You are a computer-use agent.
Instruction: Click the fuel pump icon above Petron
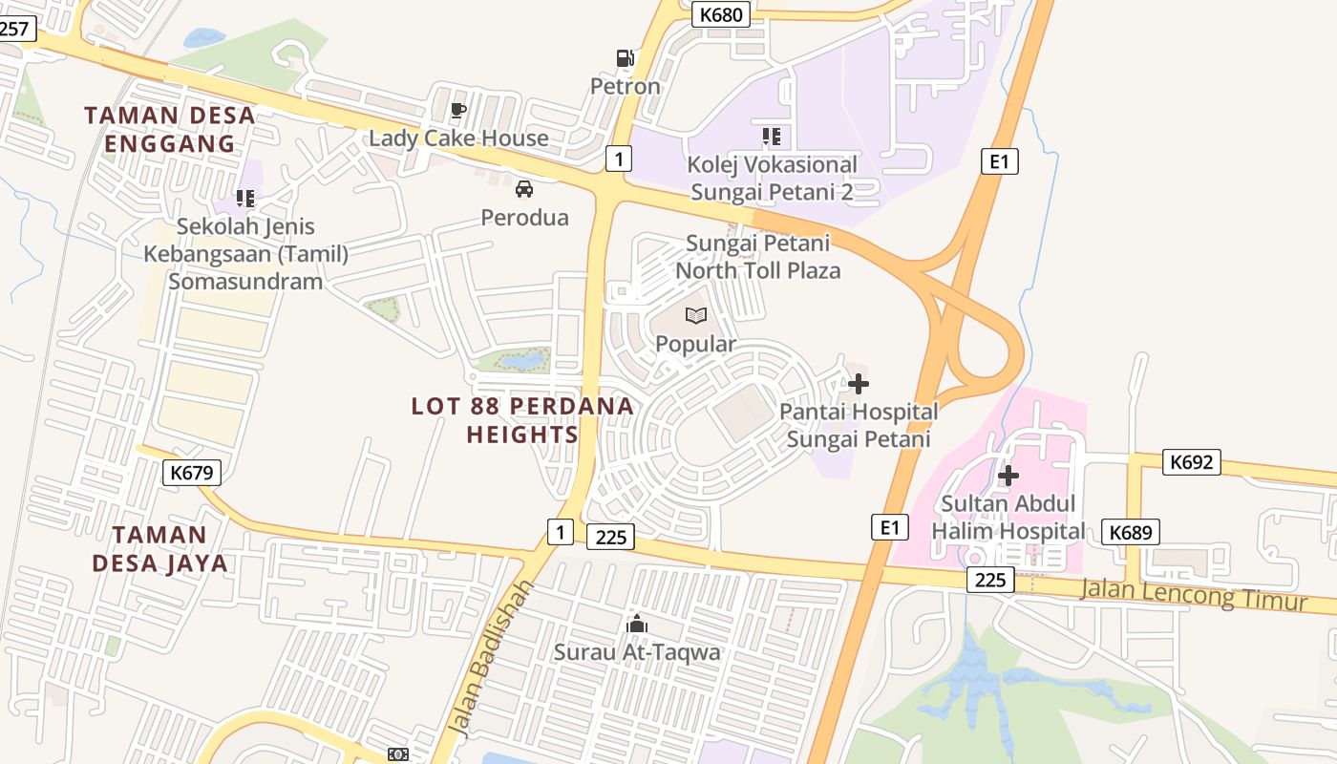(x=625, y=58)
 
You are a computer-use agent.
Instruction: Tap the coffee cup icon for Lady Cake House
(x=458, y=110)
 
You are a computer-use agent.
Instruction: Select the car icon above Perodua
(x=524, y=189)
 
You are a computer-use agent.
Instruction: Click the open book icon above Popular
(x=696, y=316)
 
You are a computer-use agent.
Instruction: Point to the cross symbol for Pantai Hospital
(x=859, y=385)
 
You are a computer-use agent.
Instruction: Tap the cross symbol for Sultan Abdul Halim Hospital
(x=1008, y=475)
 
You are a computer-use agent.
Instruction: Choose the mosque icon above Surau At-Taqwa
(x=637, y=625)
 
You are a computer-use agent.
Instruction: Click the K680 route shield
(x=720, y=14)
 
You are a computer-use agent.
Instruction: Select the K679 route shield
(x=191, y=472)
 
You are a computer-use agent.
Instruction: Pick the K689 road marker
(x=1131, y=532)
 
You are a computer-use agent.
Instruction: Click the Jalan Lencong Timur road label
(x=1193, y=595)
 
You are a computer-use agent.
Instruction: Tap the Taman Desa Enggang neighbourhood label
(x=170, y=129)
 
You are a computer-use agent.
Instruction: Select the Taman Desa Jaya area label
(x=160, y=548)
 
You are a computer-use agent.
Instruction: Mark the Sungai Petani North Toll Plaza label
(x=758, y=257)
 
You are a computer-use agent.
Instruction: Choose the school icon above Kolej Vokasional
(x=772, y=137)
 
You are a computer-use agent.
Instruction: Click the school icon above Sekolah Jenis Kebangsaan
(x=245, y=199)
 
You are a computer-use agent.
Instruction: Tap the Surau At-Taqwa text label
(x=637, y=652)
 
